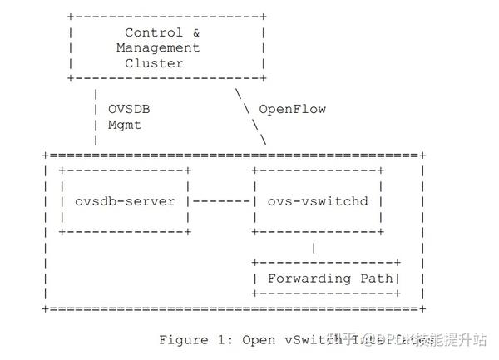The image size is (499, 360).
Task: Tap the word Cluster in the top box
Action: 155,63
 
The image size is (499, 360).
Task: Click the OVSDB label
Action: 130,109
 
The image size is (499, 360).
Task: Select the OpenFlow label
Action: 292,109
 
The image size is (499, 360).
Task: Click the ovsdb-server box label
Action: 125,201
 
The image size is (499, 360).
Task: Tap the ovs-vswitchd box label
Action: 317,201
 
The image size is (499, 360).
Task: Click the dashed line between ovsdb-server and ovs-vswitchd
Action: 222,201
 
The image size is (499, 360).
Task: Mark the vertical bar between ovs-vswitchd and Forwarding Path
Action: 313,247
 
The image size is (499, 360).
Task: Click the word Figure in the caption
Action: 183,339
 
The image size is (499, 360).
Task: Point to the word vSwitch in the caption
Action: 308,339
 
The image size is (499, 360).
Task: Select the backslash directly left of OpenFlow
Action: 246,109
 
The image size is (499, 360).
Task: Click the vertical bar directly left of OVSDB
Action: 97,109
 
